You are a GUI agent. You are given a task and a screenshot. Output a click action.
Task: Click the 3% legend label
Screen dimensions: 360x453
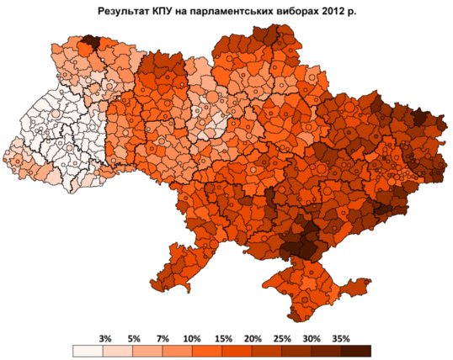[x=105, y=338]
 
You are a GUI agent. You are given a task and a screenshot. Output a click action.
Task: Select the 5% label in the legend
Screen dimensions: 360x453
[x=134, y=338]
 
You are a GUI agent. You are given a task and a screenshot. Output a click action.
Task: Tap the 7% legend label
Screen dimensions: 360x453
[x=163, y=338]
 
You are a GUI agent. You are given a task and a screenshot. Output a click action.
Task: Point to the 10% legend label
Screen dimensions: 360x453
[x=191, y=338]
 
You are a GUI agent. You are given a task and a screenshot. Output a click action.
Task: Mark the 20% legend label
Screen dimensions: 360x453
[x=250, y=338]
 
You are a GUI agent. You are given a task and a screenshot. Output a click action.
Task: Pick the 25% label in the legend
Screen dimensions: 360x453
[x=280, y=338]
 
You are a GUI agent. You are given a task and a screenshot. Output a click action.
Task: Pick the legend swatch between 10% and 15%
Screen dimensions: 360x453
[x=206, y=351]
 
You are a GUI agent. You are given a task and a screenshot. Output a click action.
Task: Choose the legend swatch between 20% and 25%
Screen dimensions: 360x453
[x=265, y=351]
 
